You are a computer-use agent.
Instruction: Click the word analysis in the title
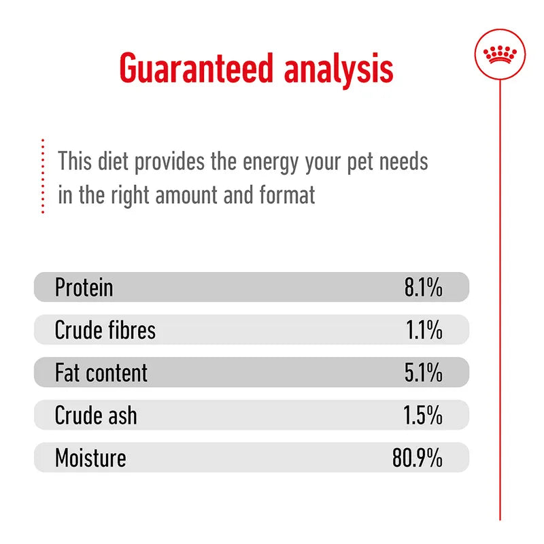pyautogui.click(x=340, y=68)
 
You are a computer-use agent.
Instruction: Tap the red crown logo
pyautogui.click(x=499, y=54)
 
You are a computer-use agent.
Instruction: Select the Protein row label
pyautogui.click(x=84, y=288)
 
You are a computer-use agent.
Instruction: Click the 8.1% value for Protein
pyautogui.click(x=423, y=288)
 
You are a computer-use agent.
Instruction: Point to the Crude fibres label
pyautogui.click(x=105, y=330)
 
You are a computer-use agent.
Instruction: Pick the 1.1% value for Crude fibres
pyautogui.click(x=424, y=330)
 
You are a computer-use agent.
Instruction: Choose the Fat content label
pyautogui.click(x=101, y=373)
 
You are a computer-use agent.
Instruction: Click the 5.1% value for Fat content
pyautogui.click(x=423, y=373)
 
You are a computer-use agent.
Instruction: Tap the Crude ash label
pyautogui.click(x=95, y=415)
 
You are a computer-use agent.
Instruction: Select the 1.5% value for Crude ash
pyautogui.click(x=424, y=415)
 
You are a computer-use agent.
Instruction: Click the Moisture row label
pyautogui.click(x=90, y=458)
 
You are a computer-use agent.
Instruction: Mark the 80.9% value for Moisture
pyautogui.click(x=417, y=458)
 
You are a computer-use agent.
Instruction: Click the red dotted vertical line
pyautogui.click(x=42, y=177)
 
